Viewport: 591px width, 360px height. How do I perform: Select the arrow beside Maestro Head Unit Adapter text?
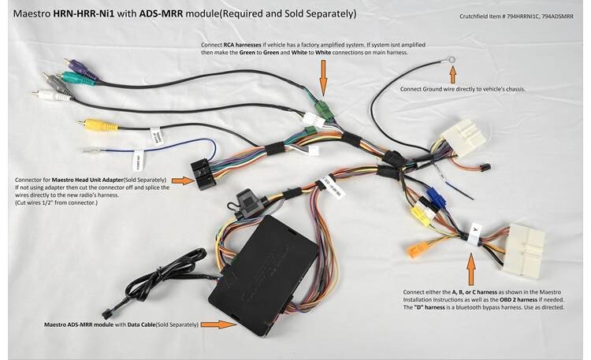pyautogui.click(x=181, y=180)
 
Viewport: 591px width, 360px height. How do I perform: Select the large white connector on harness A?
pyautogui.click(x=523, y=246)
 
